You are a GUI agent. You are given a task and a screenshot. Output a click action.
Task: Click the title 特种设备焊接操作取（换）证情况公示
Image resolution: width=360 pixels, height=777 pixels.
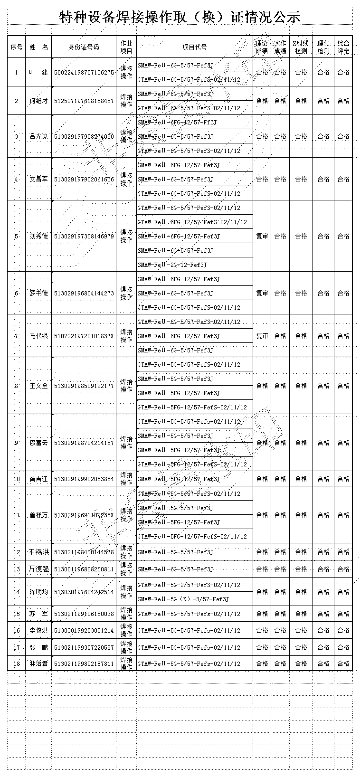(x=180, y=17)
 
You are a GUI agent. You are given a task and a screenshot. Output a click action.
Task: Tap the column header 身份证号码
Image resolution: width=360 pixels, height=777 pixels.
(x=84, y=47)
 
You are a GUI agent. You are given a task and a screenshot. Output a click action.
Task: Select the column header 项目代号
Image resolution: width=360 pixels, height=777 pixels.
(x=195, y=47)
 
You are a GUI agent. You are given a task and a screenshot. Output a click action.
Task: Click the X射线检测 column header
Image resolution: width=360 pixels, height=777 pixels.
(x=301, y=47)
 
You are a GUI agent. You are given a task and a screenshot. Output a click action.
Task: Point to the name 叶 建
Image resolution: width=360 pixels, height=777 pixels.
(x=38, y=73)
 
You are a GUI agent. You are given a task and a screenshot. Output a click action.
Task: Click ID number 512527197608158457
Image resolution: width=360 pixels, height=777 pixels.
(x=84, y=101)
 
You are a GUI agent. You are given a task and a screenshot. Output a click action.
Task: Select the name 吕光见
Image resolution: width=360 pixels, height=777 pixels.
(x=38, y=137)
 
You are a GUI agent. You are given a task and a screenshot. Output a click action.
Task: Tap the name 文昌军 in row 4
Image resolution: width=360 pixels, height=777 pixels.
(x=38, y=180)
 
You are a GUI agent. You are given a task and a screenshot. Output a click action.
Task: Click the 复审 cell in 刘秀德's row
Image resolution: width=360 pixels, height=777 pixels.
(x=262, y=236)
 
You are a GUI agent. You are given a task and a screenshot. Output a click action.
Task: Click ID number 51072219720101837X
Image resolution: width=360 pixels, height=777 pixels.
(x=84, y=336)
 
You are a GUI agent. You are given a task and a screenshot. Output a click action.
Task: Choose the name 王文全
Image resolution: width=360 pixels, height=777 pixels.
(x=38, y=386)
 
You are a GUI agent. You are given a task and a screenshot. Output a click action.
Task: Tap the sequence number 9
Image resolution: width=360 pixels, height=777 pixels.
(x=17, y=443)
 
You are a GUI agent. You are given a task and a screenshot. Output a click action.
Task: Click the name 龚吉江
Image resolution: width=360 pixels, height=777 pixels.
(x=38, y=479)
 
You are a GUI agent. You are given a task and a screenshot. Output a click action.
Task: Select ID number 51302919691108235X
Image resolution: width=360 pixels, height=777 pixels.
(x=84, y=515)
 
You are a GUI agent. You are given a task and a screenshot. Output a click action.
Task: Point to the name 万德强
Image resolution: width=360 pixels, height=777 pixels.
(x=38, y=569)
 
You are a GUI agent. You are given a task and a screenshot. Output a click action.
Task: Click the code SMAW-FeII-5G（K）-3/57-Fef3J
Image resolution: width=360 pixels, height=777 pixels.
(x=183, y=599)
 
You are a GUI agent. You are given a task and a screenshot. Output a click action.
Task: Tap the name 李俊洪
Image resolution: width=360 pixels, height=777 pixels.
(x=38, y=631)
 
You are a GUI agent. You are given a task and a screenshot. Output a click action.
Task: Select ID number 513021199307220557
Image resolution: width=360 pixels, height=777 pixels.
(x=84, y=647)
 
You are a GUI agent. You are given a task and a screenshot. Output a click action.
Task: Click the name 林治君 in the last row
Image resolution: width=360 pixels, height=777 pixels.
(x=38, y=664)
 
